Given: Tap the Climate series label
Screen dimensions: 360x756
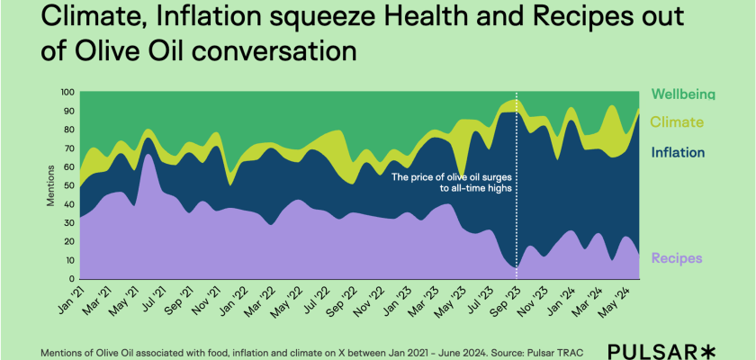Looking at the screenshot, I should (676, 122).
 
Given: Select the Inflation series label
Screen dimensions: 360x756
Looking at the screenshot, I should (677, 153).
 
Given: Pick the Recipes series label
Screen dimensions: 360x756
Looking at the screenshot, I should (675, 259).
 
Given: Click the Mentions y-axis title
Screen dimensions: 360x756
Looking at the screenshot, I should (50, 185).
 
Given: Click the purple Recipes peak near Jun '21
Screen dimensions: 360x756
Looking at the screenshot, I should (148, 157).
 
